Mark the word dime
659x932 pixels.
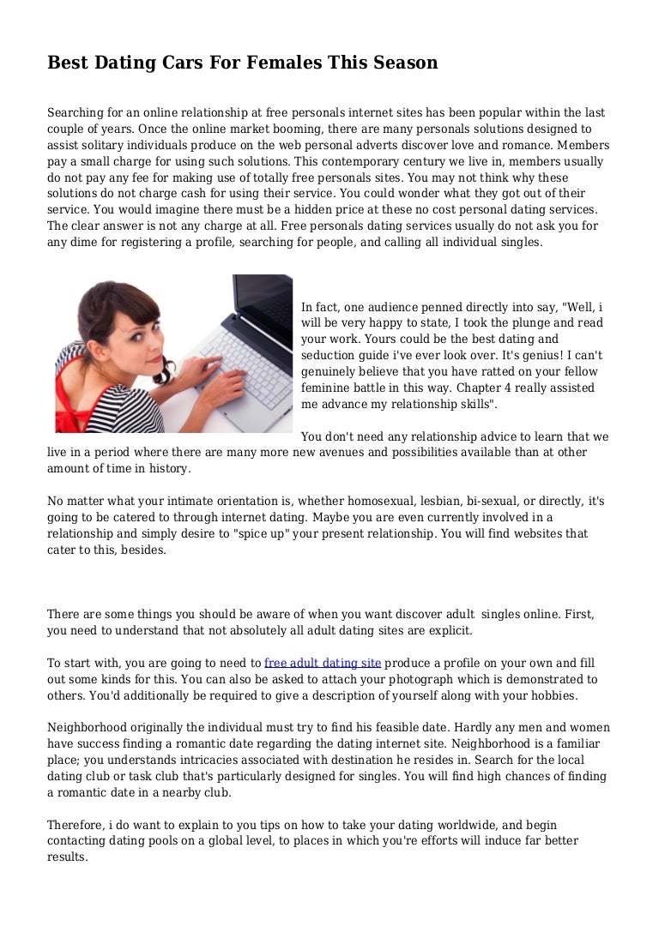tap(88, 243)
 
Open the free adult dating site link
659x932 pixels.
tap(323, 664)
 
